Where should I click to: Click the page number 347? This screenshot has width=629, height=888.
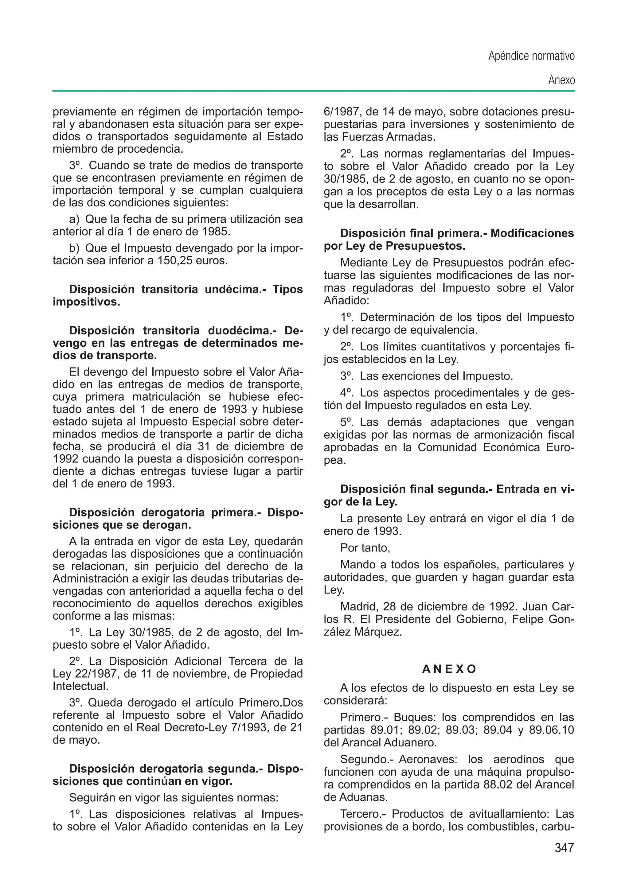click(x=564, y=848)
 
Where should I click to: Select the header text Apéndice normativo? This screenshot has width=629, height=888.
click(x=531, y=56)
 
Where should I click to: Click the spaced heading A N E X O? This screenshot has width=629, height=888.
click(x=449, y=669)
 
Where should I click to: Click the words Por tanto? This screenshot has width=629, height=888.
click(x=365, y=547)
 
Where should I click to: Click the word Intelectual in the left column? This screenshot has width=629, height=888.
click(x=80, y=686)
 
